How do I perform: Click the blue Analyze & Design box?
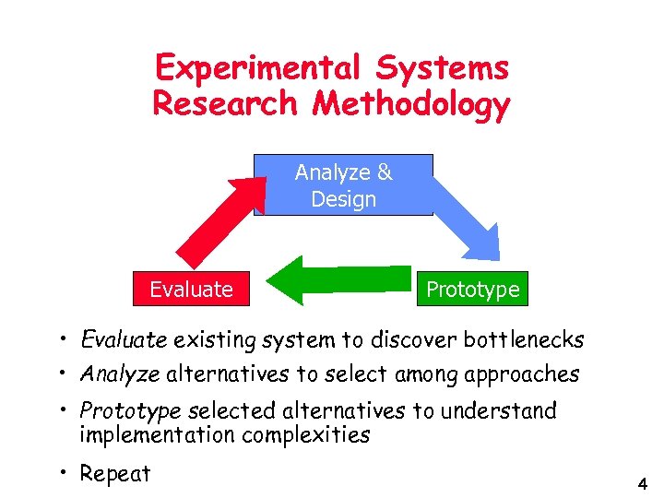coord(343,185)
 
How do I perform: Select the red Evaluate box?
coord(191,290)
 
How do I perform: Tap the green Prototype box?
coord(472,290)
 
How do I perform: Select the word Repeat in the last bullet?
coord(115,474)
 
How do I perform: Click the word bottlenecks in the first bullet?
coord(523,340)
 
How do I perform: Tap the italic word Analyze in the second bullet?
coord(121,374)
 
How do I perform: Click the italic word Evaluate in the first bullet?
coord(124,340)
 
